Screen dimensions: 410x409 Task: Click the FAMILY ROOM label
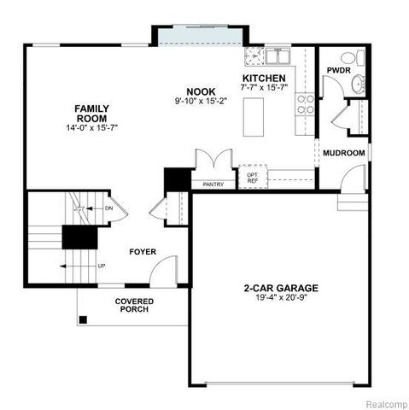point(91,114)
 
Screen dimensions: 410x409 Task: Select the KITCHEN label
point(263,78)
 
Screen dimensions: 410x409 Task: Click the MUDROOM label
point(343,153)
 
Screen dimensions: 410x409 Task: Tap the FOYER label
point(143,252)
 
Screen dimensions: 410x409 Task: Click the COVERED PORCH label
point(132,305)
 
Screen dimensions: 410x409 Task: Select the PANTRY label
point(213,184)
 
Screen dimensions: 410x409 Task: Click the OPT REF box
point(253,177)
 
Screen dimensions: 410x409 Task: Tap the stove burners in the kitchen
point(304,104)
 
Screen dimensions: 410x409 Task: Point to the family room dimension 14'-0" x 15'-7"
point(91,127)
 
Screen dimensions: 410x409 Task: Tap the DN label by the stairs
point(108,208)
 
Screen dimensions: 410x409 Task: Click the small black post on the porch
point(84,320)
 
